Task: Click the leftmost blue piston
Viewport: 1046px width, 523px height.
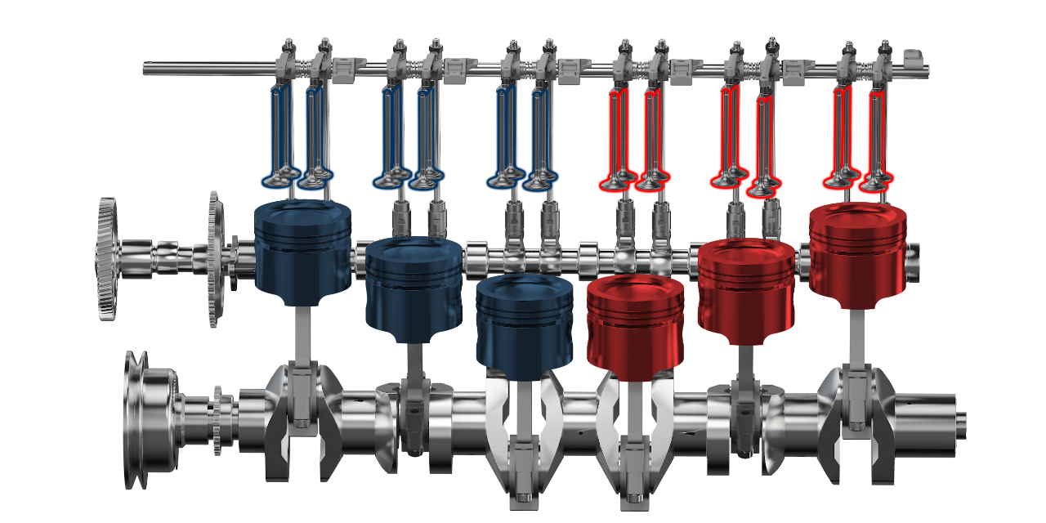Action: coord(302,249)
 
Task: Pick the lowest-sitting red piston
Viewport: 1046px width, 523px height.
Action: coord(635,324)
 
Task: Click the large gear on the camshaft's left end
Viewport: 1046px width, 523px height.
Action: coord(107,257)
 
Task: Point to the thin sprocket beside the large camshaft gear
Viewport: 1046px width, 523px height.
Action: coord(214,257)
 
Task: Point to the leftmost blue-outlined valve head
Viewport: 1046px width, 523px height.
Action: coord(276,179)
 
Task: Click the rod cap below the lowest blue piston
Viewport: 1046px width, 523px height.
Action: coord(524,474)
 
